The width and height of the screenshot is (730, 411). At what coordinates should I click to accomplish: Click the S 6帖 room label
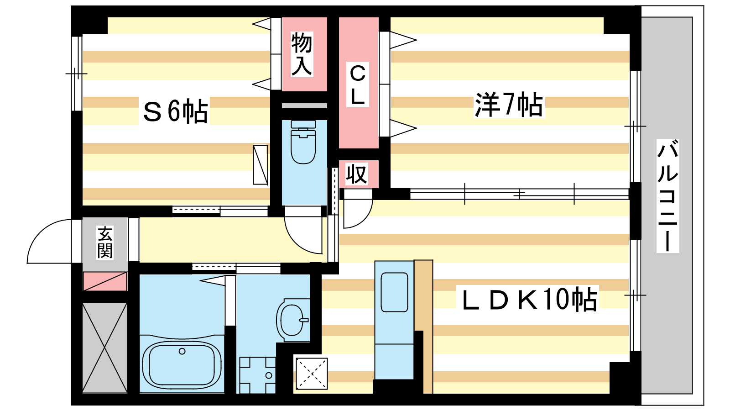click(x=175, y=111)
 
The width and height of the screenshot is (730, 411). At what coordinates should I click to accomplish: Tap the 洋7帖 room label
click(x=509, y=105)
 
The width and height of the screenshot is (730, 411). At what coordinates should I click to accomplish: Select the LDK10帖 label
click(x=529, y=300)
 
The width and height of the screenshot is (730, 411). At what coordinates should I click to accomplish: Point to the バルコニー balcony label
click(x=667, y=196)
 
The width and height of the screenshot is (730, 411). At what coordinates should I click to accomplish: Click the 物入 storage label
click(x=302, y=54)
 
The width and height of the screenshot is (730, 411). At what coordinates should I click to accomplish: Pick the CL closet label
click(x=358, y=85)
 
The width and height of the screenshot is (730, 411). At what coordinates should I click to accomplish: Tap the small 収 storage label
click(x=356, y=174)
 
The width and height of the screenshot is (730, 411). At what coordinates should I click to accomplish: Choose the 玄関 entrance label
click(x=105, y=242)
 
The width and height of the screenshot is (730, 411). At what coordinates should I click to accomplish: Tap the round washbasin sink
click(x=292, y=320)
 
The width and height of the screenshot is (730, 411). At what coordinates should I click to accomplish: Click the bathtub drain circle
click(x=182, y=351)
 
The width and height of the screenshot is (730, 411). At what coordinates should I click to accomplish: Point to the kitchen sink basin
click(x=394, y=292)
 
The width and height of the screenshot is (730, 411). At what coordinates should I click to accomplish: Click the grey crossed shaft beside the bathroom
click(x=104, y=347)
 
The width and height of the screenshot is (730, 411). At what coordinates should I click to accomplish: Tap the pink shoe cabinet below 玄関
click(x=105, y=281)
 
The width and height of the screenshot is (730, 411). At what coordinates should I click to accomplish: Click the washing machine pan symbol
click(x=257, y=374)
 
